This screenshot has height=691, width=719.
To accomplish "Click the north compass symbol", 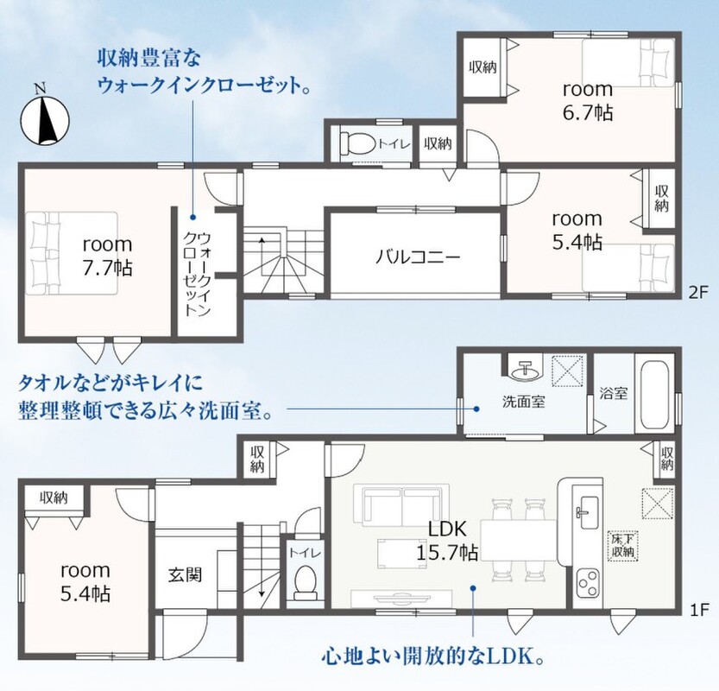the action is (45, 118).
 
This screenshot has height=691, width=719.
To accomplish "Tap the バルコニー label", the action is (417, 257).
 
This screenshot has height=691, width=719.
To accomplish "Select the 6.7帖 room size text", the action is (588, 112).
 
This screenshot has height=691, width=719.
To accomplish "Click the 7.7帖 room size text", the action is (107, 268).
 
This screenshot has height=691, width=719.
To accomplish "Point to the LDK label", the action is (447, 529).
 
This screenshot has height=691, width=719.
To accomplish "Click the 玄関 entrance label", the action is (185, 574).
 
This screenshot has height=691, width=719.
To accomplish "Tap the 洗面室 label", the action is (524, 402).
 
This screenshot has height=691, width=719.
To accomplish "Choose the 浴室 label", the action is (614, 393).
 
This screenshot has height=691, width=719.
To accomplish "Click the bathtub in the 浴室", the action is (654, 393).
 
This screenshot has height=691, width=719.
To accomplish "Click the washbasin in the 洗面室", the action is (526, 371).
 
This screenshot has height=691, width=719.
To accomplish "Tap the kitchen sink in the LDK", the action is (585, 512).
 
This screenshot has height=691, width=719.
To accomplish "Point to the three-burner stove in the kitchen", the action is (588, 583).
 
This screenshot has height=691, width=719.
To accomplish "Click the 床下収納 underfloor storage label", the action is (622, 545).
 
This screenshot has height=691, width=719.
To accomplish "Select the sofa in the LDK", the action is (401, 505).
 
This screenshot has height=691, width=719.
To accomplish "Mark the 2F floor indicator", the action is (698, 292).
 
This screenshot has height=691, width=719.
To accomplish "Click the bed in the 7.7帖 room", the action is (72, 253).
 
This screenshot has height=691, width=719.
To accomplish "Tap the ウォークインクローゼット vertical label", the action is (197, 275).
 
